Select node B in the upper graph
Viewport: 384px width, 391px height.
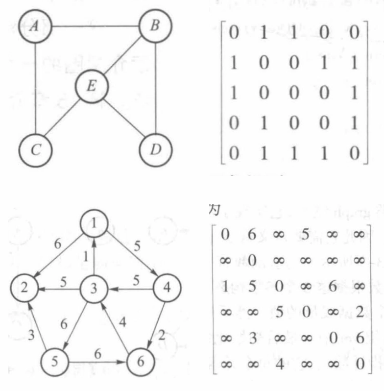154,26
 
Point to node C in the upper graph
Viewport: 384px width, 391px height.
34,149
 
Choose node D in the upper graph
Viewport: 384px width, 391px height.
154,149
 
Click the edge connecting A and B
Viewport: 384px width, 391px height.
93,26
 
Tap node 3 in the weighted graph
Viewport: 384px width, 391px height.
94,287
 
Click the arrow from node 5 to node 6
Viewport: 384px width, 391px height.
97,350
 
